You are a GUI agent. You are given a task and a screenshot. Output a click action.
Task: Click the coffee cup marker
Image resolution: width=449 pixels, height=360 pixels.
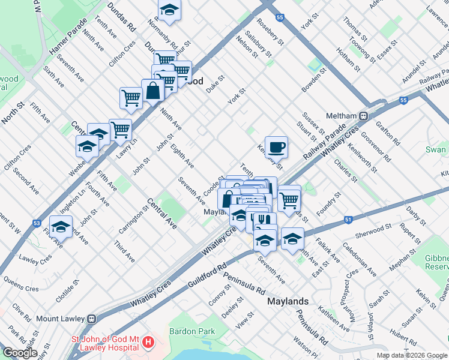(x=276, y=146)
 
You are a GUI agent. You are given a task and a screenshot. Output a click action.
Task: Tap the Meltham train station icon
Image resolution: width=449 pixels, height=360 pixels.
(x=363, y=115)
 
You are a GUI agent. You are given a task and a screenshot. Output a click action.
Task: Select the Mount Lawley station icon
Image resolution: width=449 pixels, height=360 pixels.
(x=92, y=319)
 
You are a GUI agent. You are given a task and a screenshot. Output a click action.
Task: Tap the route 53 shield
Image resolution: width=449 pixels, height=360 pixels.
(x=37, y=223)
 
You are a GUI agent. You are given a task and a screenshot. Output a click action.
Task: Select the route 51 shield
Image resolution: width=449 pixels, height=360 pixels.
(x=349, y=220)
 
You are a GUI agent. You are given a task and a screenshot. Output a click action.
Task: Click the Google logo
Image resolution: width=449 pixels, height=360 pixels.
(x=20, y=352)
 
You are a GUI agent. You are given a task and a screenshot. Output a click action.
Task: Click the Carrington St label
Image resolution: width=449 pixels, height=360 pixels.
(x=141, y=220)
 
